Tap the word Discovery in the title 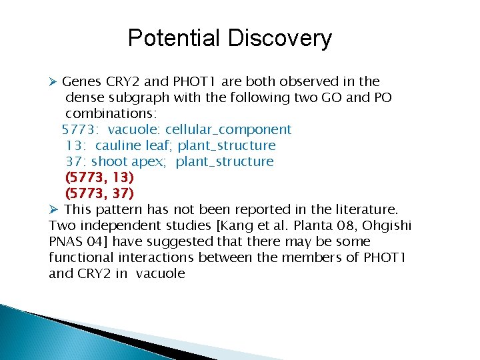pyautogui.click(x=279, y=38)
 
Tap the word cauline pyautogui.click(x=121, y=145)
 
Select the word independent pyautogui.click(x=123, y=225)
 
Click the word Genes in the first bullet pyautogui.click(x=81, y=81)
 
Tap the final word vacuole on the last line pyautogui.click(x=159, y=273)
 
